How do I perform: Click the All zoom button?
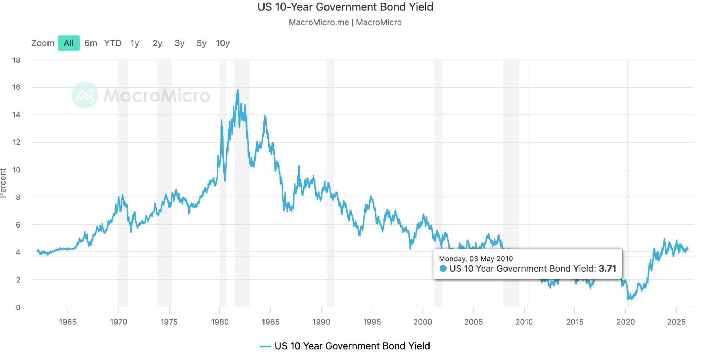point(69,43)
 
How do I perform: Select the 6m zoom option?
point(90,43)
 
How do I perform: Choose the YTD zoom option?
point(113,43)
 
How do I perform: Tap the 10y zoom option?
point(223,43)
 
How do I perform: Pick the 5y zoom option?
point(201,43)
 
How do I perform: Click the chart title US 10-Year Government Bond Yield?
point(345,7)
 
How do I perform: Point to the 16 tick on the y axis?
point(16,87)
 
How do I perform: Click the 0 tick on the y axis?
point(18,307)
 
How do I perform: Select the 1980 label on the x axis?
point(220,322)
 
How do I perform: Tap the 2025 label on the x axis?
point(676,322)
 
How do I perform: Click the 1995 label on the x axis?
point(372,322)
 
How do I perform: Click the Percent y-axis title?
point(3,183)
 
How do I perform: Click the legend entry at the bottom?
point(345,346)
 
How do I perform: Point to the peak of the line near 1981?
point(237,91)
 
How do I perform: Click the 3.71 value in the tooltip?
point(607,268)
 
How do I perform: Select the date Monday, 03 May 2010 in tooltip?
point(476,258)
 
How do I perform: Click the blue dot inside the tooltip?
point(443,268)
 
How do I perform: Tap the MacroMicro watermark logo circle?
point(85,95)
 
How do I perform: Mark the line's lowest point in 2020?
point(629,299)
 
